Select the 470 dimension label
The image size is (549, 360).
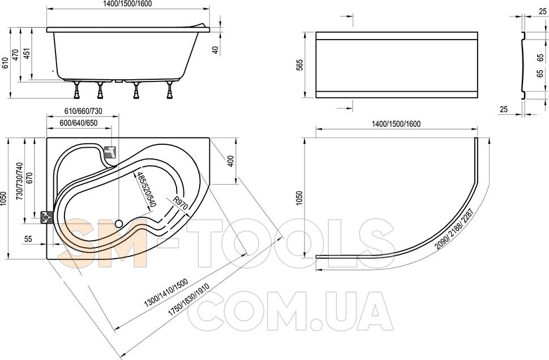click(x=16, y=55)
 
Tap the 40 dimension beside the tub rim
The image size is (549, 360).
click(x=216, y=50)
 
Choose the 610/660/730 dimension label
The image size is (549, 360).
click(x=83, y=111)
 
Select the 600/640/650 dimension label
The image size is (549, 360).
click(x=79, y=123)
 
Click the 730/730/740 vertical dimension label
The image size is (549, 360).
click(x=19, y=181)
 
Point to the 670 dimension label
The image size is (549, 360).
click(x=29, y=179)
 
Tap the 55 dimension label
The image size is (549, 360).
click(x=28, y=239)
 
